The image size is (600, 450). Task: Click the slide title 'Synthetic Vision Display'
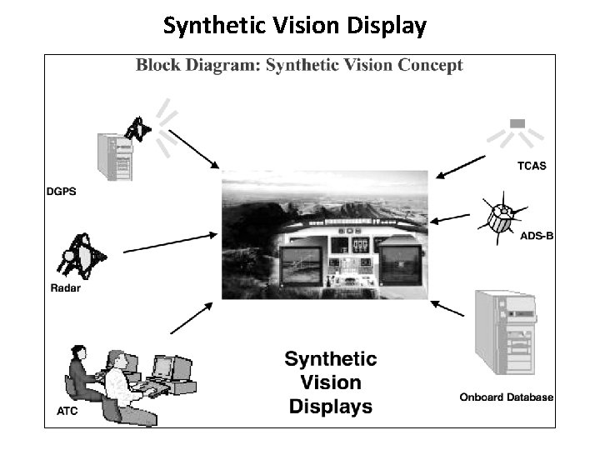(294, 26)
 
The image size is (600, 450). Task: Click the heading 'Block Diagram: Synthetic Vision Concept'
(299, 65)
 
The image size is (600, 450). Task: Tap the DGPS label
(62, 192)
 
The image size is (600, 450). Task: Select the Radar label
(62, 289)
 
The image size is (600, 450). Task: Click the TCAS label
(527, 165)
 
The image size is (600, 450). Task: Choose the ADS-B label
(536, 236)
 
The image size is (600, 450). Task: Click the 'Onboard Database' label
(507, 397)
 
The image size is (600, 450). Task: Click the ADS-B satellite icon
(500, 217)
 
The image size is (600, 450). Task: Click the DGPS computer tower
(115, 156)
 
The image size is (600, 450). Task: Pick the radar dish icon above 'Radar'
(80, 255)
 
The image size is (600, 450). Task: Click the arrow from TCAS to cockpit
(462, 166)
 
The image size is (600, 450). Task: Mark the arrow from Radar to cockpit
(172, 242)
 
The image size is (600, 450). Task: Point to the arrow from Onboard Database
(447, 307)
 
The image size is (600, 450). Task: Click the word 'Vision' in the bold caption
(331, 383)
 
